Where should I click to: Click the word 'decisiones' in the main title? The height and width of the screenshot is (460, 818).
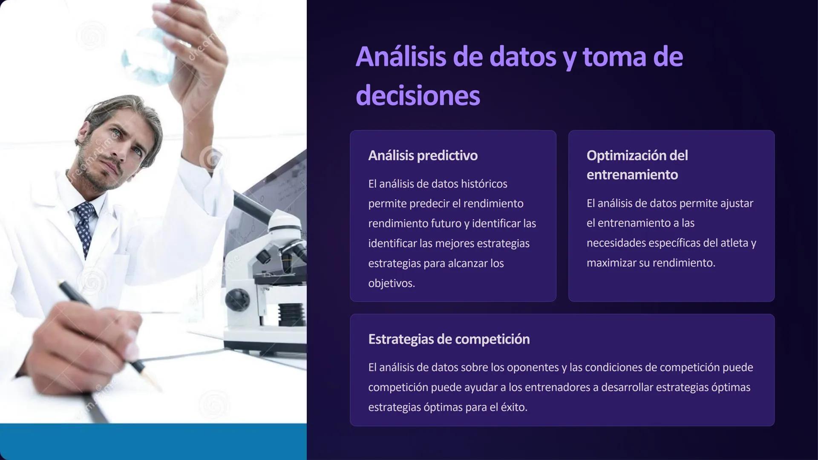[418, 96]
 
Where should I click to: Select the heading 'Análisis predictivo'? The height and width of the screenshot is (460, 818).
[423, 155]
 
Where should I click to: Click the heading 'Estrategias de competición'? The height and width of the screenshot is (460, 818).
[449, 339]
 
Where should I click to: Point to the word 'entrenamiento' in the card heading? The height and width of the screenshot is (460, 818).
[632, 175]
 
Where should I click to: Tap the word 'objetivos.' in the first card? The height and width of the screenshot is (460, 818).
[391, 283]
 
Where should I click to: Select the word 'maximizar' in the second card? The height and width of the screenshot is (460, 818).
[611, 263]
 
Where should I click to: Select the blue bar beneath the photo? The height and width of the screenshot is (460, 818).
[153, 442]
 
